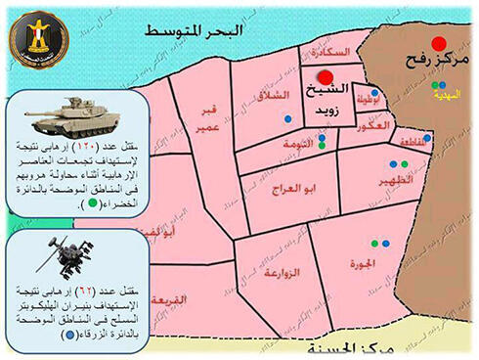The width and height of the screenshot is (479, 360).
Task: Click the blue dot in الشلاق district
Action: [x=287, y=118]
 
